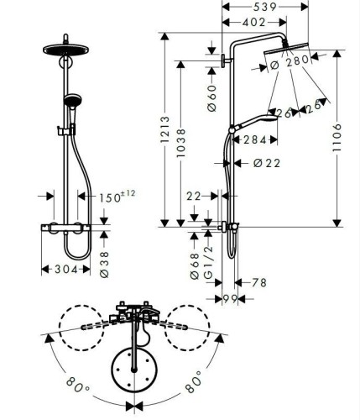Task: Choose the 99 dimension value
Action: [x=228, y=300]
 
